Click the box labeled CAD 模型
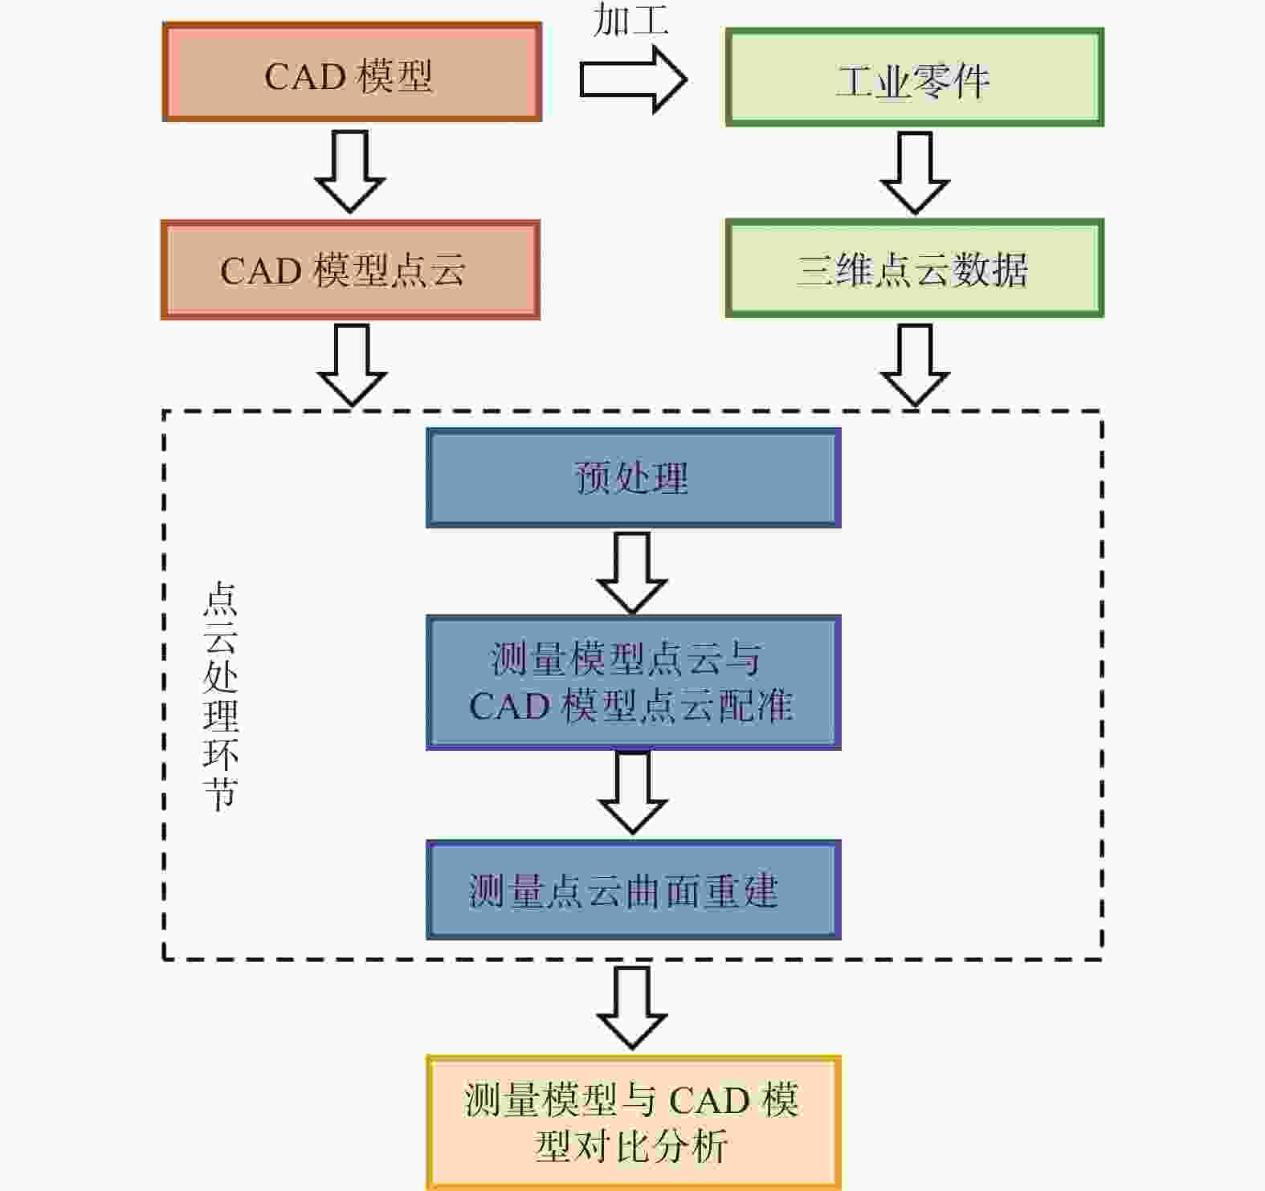(352, 72)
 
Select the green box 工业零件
(915, 77)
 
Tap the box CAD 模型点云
(350, 270)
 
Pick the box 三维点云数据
(915, 268)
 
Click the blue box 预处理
(633, 478)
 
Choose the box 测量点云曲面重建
(633, 890)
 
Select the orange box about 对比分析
(633, 1123)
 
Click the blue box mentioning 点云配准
(633, 683)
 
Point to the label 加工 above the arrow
(631, 18)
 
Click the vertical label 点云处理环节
(220, 695)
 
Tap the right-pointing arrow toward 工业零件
(633, 80)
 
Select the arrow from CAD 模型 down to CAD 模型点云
(350, 171)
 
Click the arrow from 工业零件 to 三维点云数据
(915, 173)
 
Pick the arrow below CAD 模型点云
(352, 365)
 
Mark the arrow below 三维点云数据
(915, 365)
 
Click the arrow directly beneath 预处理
(632, 572)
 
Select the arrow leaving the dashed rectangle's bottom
(632, 1007)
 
